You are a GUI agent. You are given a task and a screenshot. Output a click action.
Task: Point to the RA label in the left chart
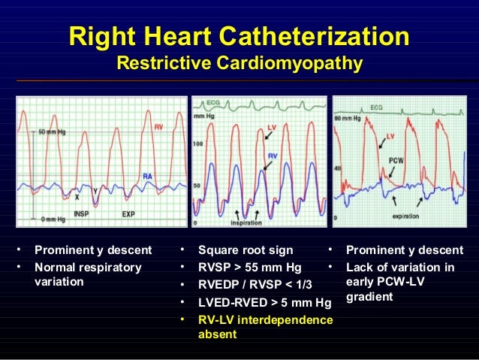tap(149, 176)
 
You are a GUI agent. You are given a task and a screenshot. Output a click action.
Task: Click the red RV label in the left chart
tap(158, 128)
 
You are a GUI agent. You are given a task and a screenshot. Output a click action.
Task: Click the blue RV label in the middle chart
tap(274, 155)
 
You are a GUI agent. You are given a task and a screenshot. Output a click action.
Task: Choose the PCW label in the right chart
tap(397, 159)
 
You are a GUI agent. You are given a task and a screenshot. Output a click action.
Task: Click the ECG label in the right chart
tap(397, 107)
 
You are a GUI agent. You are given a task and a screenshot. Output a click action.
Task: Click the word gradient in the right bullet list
tap(369, 298)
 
